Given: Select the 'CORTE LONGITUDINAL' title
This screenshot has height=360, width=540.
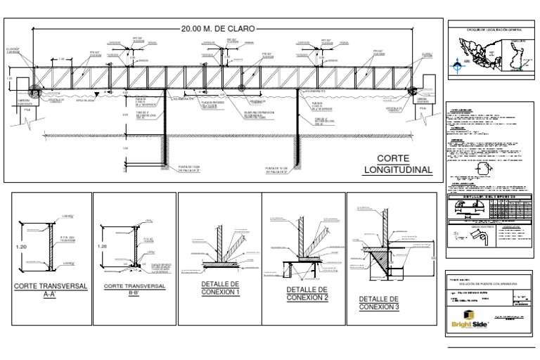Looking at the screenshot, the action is click(397, 165).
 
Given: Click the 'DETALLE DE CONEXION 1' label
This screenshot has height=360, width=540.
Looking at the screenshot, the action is click(220, 288).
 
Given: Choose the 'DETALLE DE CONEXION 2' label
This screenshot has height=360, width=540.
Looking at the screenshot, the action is click(307, 294).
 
